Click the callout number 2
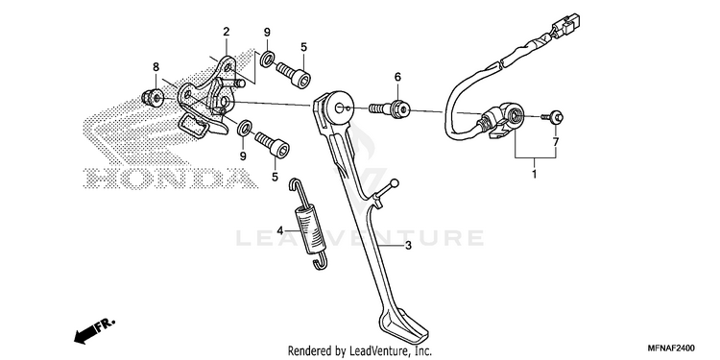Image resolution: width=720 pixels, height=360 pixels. [226, 32]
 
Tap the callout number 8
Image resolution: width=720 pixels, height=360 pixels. [156, 67]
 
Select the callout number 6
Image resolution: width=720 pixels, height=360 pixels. [397, 77]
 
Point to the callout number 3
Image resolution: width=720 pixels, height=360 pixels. [408, 246]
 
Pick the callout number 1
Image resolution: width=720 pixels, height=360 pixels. [534, 175]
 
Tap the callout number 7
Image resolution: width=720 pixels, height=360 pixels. [556, 142]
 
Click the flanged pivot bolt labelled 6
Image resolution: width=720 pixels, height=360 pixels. [390, 108]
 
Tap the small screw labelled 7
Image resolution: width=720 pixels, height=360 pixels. [553, 117]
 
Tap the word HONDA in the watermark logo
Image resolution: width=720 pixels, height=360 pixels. [170, 179]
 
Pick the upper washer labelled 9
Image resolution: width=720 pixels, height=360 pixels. [268, 59]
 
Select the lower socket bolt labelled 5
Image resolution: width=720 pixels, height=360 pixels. [273, 144]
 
